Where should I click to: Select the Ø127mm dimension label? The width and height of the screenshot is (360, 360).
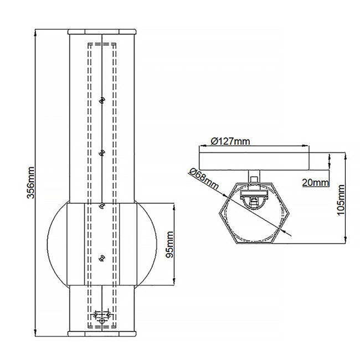coord(231,141)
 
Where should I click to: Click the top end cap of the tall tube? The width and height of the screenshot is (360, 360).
coord(101,31)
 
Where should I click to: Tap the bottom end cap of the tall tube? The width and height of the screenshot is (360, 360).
coord(101,334)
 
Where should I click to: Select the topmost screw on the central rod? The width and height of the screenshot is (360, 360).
coord(101,100)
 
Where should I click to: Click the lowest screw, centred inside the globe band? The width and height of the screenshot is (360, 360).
coord(101,257)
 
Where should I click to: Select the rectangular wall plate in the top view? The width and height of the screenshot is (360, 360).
coord(254,160)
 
